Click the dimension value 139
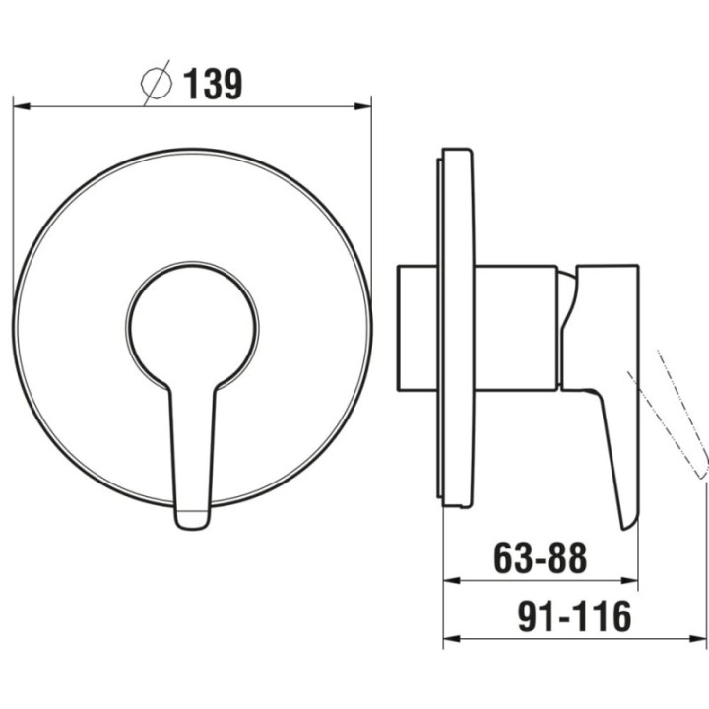213,84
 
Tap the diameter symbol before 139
157,83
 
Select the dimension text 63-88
541,558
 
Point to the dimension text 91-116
574,616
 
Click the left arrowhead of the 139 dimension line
22,106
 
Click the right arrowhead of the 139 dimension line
362,106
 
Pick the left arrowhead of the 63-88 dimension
452,581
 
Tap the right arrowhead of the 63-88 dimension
629,581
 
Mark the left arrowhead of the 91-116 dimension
452,638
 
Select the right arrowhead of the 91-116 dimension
698,638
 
